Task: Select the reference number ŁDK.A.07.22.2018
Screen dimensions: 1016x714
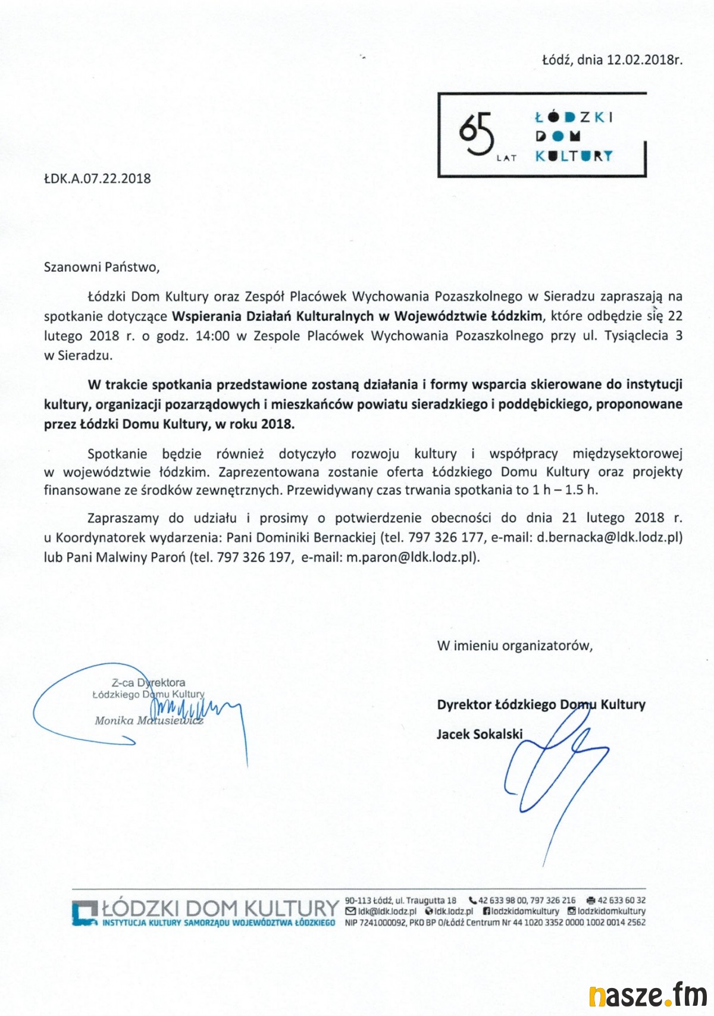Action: (98, 178)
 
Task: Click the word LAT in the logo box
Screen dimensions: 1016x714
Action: (506, 158)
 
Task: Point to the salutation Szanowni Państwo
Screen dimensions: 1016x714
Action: (102, 266)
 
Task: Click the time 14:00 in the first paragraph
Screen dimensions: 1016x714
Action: (212, 335)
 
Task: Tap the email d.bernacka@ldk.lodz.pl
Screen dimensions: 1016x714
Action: (609, 538)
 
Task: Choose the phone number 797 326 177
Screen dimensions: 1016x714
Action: (446, 538)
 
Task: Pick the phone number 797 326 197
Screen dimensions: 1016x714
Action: (255, 557)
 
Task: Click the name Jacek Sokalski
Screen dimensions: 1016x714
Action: (480, 734)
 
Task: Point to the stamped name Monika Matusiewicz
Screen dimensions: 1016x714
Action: (149, 720)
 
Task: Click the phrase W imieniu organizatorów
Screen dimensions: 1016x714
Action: (515, 645)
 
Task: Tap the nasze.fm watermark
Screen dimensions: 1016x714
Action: (647, 995)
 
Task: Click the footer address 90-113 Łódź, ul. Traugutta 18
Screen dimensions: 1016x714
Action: (400, 901)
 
